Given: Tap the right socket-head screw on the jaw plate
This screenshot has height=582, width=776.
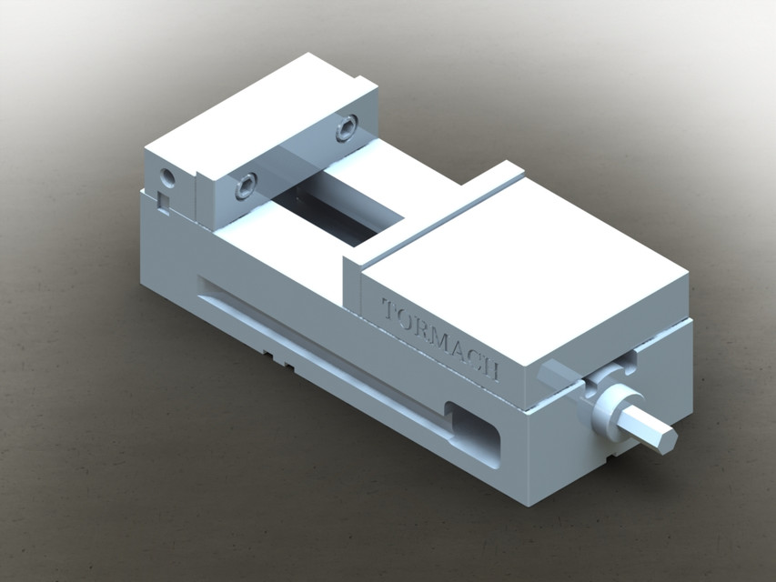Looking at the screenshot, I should [x=347, y=130].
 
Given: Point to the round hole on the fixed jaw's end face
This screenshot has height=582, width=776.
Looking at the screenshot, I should [x=166, y=176].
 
